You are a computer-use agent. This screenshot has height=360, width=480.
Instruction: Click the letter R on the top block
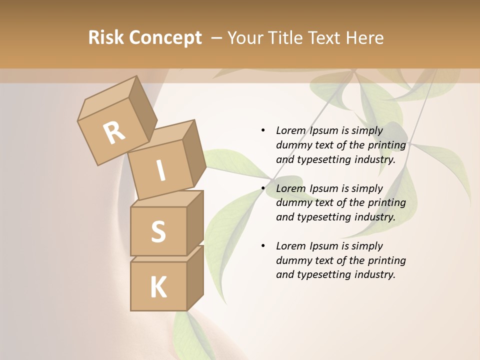tap(114, 132)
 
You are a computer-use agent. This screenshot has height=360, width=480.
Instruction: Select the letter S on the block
tap(158, 231)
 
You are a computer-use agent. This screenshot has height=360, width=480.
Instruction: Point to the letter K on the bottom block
tap(158, 287)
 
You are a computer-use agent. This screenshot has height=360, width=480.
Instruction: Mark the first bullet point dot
tap(263, 130)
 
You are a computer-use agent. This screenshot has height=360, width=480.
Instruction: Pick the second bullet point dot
tap(263, 188)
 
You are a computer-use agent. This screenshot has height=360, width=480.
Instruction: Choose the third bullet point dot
tap(263, 246)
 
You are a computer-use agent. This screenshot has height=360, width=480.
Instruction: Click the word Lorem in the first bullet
tap(290, 130)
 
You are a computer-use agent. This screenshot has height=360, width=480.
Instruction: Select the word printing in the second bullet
tap(386, 202)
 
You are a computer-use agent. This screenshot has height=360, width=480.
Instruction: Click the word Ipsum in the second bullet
tap(325, 188)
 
